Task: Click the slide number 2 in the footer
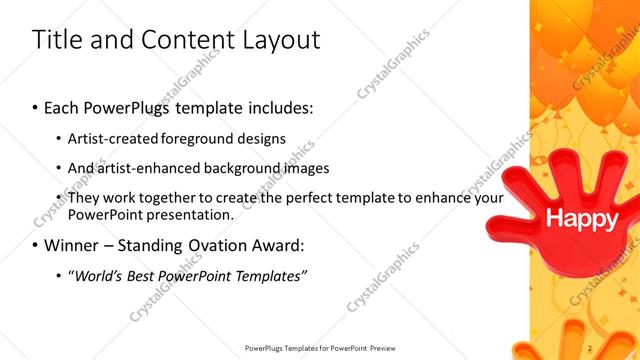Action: click(591, 347)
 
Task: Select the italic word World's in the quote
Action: click(98, 275)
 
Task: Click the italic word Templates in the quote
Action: click(267, 275)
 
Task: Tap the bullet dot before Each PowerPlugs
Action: click(36, 106)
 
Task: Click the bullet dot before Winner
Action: click(36, 245)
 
